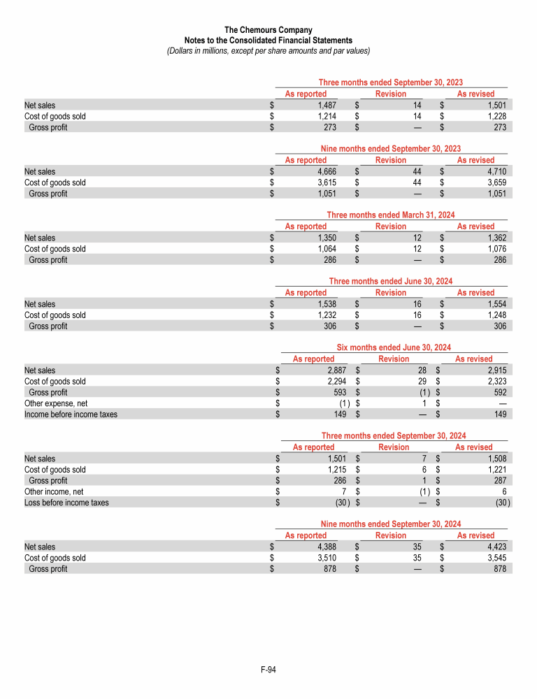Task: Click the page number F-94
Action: [x=268, y=670]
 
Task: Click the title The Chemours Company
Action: [x=268, y=30]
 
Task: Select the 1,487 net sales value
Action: [x=327, y=105]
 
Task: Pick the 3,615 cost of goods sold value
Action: [x=327, y=182]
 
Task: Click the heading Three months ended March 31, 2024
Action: [x=391, y=215]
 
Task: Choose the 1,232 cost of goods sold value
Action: [x=327, y=315]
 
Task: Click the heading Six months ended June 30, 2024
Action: [x=394, y=347]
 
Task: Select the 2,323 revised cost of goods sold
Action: [x=494, y=382]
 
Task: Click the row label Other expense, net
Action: [x=56, y=403]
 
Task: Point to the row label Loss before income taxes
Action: [x=66, y=502]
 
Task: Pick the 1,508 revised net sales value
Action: [x=494, y=458]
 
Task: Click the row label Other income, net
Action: [x=55, y=491]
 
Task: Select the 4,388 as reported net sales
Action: [x=327, y=547]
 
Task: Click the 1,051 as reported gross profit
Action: [x=327, y=194]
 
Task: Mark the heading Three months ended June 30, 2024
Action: [x=391, y=281]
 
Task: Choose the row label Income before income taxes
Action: [x=71, y=414]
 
